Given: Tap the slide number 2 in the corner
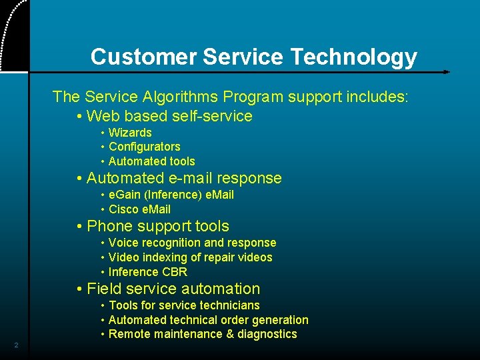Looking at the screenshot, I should click(16, 345).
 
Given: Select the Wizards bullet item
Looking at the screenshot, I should click(130, 133).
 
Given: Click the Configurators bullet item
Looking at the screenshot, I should click(144, 147).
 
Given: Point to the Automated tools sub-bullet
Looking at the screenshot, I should click(151, 161).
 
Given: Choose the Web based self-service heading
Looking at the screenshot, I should click(169, 116).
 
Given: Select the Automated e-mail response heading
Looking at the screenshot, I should click(184, 178).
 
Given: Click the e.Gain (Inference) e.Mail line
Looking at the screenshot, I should click(171, 195).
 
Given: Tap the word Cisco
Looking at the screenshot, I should click(123, 209).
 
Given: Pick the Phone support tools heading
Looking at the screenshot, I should click(157, 227).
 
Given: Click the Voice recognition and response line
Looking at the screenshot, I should click(192, 243).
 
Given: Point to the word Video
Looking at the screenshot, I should click(123, 257).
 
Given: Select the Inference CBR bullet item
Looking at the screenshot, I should click(147, 272).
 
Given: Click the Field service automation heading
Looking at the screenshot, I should click(173, 289).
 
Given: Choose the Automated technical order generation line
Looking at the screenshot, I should click(208, 320).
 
